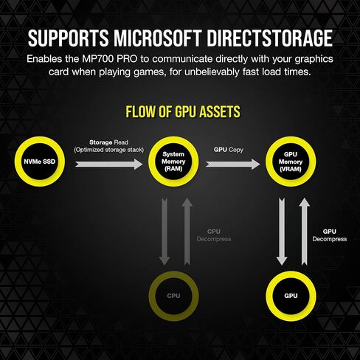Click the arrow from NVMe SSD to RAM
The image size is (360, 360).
[x=108, y=164]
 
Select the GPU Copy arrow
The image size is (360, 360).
[x=232, y=164]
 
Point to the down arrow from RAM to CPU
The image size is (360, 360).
[x=165, y=232]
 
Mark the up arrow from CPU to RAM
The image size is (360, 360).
[x=187, y=232]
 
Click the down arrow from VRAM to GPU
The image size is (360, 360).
[x=282, y=232]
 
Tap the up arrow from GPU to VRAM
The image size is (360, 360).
[x=305, y=232]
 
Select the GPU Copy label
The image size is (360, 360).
[x=229, y=150]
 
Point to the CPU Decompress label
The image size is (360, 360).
[x=214, y=235]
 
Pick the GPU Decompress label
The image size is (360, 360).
[x=330, y=235]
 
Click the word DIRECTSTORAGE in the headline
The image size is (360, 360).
[x=270, y=38]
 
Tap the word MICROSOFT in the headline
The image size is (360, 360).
[x=158, y=38]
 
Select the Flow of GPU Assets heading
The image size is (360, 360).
[x=183, y=111]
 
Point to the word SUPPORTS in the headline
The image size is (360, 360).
[x=68, y=38]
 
